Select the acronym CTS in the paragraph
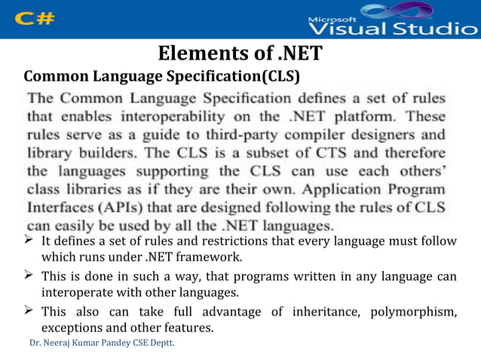(x=317, y=154)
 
